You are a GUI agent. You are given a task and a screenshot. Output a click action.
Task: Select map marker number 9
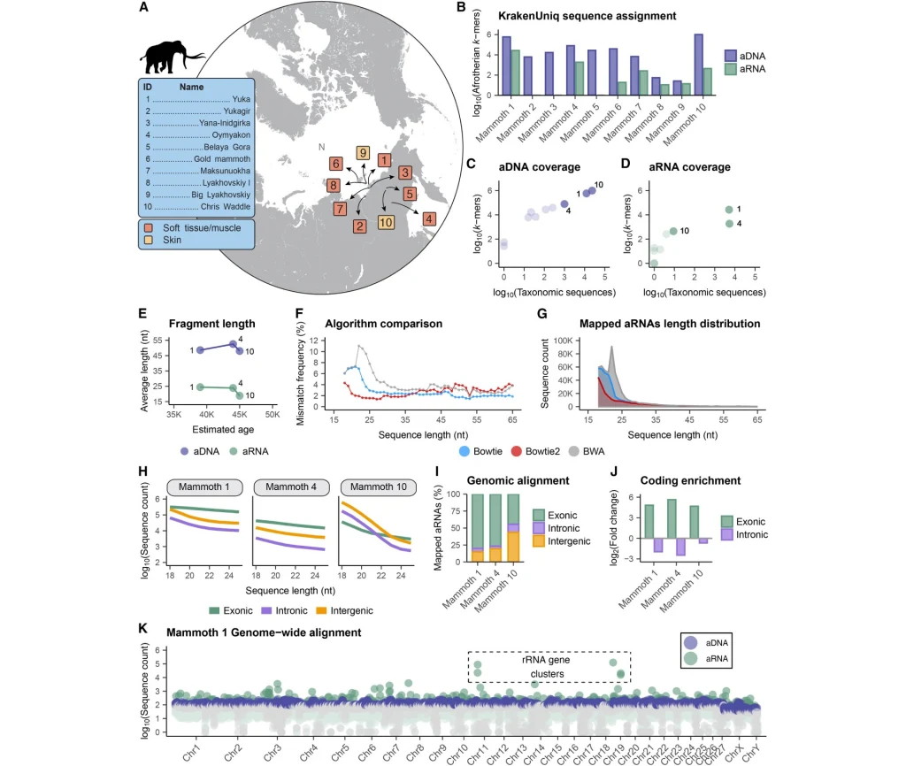(363, 154)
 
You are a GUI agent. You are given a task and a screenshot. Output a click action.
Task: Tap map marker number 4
(428, 217)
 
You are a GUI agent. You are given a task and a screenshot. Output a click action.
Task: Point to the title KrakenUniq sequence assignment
(574, 16)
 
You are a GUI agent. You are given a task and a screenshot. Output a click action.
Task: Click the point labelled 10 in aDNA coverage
(592, 190)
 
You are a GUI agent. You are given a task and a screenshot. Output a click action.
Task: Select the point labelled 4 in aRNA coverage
(729, 223)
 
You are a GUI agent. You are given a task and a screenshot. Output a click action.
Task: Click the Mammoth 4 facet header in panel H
(286, 486)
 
